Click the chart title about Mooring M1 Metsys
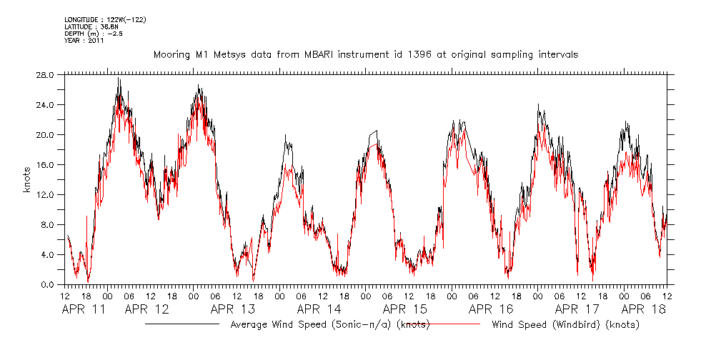pyautogui.click(x=365, y=54)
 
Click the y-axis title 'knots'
pyautogui.click(x=26, y=179)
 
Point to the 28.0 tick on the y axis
pyautogui.click(x=46, y=74)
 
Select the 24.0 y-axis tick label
pyautogui.click(x=46, y=104)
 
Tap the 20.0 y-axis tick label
pyautogui.click(x=46, y=134)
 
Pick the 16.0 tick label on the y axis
pyautogui.click(x=46, y=164)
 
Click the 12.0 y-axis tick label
pyautogui.click(x=46, y=194)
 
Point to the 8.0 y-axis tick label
pyautogui.click(x=48, y=224)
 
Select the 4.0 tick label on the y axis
pyautogui.click(x=48, y=254)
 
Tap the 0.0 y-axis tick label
pyautogui.click(x=48, y=284)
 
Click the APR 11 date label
pyautogui.click(x=84, y=309)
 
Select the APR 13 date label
pyautogui.click(x=234, y=309)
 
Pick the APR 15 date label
pyautogui.click(x=405, y=309)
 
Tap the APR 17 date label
pyautogui.click(x=577, y=309)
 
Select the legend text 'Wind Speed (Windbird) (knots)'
pyautogui.click(x=565, y=325)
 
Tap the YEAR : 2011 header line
pyautogui.click(x=84, y=41)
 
